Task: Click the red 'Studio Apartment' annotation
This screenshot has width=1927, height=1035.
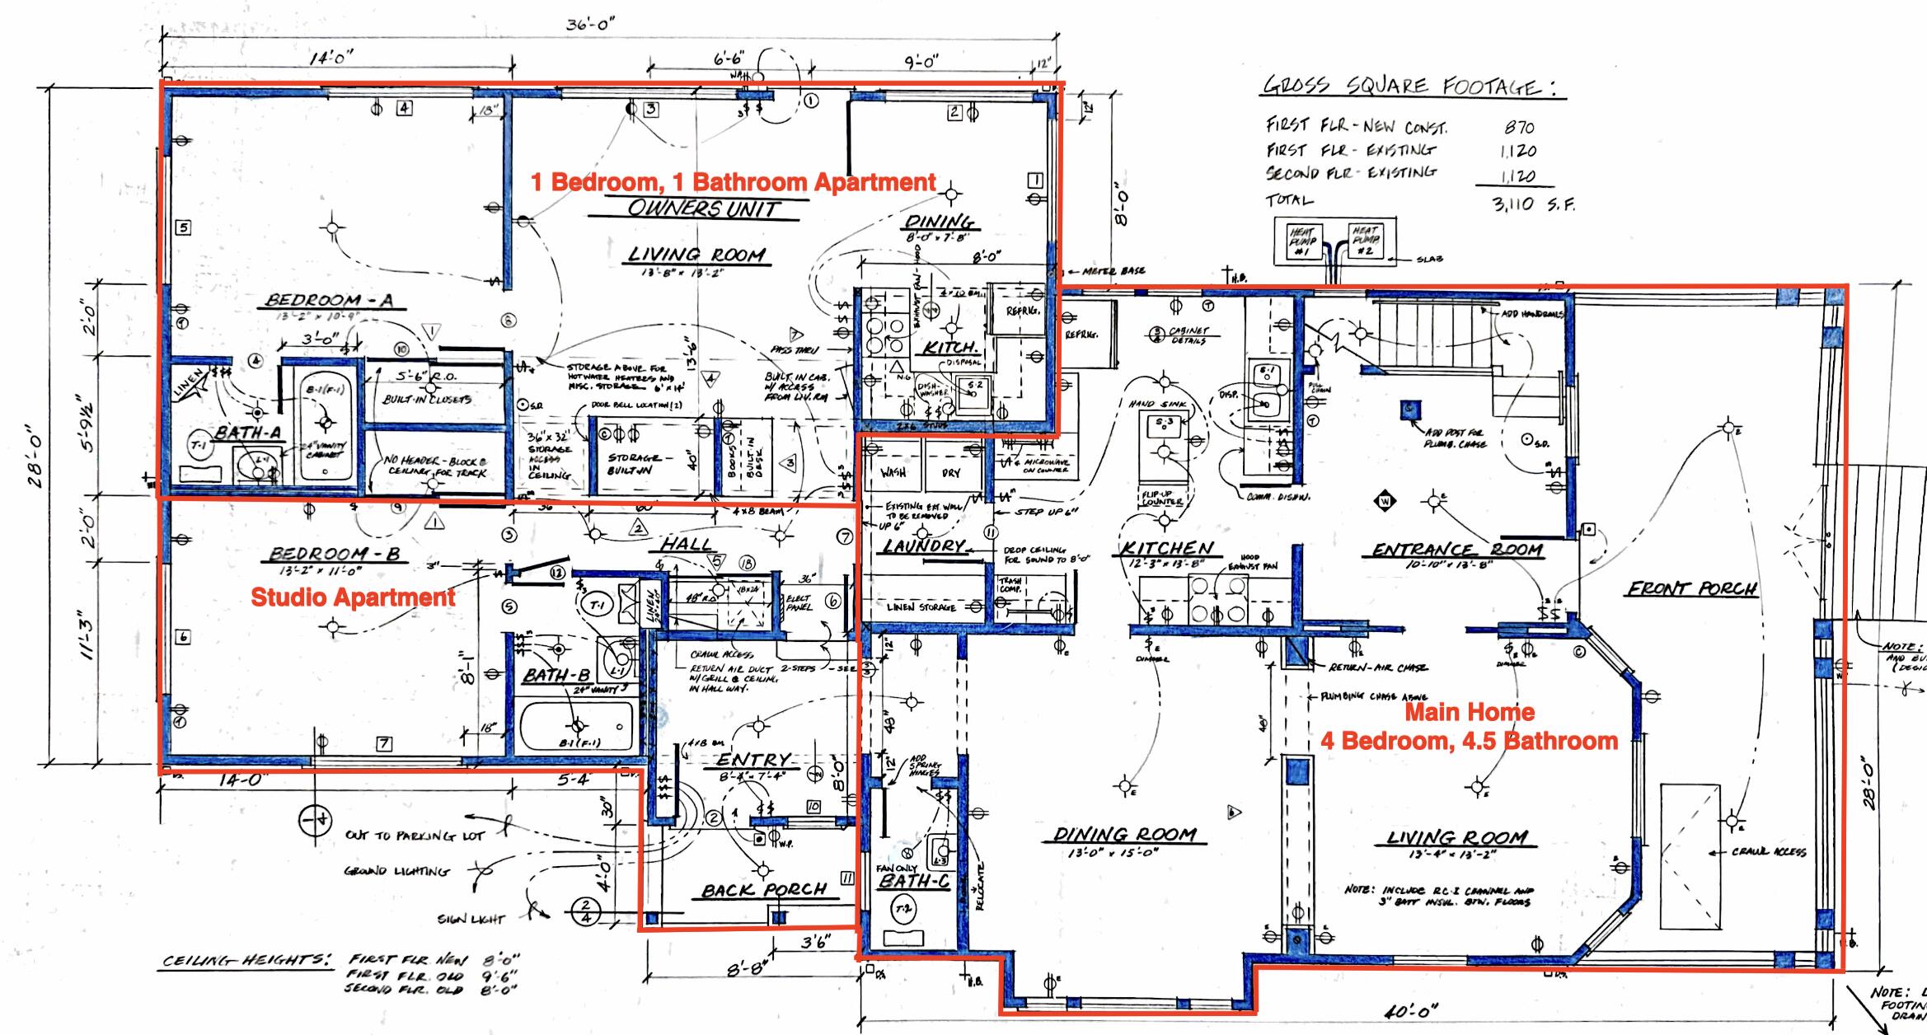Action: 353,597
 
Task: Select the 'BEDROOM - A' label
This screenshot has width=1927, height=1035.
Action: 329,300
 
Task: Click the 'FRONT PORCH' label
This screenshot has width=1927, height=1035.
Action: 1691,588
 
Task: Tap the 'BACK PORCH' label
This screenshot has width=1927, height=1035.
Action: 763,890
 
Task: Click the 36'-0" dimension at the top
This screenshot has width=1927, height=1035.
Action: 590,25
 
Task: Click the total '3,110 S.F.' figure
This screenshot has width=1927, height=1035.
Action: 1532,204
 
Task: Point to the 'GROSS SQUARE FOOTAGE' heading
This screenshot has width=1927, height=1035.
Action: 1413,86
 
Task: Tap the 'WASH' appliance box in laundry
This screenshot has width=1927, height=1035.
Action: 893,473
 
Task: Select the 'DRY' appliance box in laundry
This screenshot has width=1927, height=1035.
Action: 950,473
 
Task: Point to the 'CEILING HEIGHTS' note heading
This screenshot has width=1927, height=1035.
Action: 246,961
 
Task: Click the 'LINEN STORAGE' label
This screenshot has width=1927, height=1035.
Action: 921,607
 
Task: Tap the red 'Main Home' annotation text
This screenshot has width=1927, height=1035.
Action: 1470,712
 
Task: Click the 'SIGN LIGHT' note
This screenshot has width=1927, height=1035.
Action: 471,919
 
